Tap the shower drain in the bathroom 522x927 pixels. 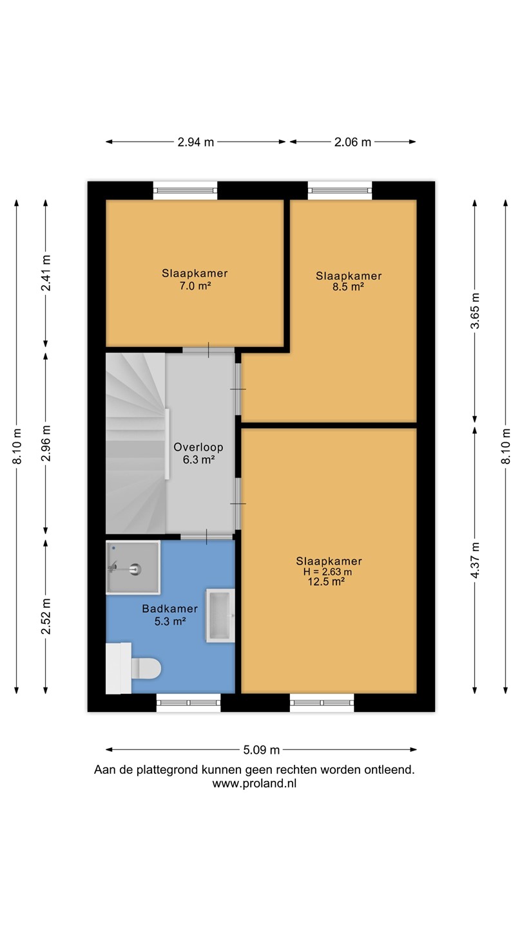pyautogui.click(x=135, y=569)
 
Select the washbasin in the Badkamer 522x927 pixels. pyautogui.click(x=220, y=616)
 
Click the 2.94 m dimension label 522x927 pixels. pyautogui.click(x=195, y=142)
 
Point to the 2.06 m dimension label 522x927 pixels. pyautogui.click(x=353, y=142)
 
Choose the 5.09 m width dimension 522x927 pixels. pyautogui.click(x=262, y=749)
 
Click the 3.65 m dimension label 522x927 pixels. pyautogui.click(x=475, y=311)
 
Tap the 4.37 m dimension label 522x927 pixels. pyautogui.click(x=475, y=560)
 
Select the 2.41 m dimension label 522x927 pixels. pyautogui.click(x=46, y=273)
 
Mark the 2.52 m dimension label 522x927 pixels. pyautogui.click(x=46, y=616)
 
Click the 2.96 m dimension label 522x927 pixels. pyautogui.click(x=46, y=443)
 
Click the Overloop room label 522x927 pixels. pyautogui.click(x=198, y=447)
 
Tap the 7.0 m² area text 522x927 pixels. pyautogui.click(x=195, y=286)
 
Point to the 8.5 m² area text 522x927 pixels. pyautogui.click(x=349, y=286)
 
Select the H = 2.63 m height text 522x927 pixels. pyautogui.click(x=327, y=572)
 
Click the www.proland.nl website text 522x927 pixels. pyautogui.click(x=255, y=783)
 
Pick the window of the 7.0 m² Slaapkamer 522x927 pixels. pyautogui.click(x=185, y=191)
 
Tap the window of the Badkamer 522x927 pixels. pyautogui.click(x=188, y=702)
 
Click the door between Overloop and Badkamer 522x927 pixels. pyautogui.click(x=207, y=537)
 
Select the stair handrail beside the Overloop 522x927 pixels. pyautogui.click(x=167, y=444)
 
